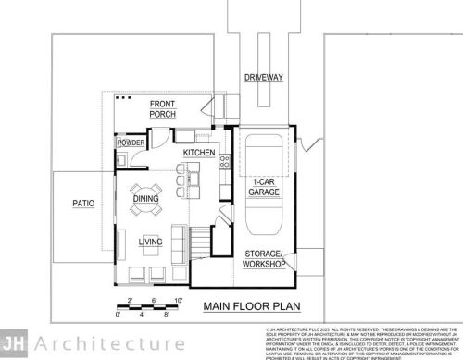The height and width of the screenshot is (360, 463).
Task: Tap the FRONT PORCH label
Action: [163, 108]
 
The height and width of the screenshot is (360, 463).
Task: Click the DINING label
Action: [145, 198]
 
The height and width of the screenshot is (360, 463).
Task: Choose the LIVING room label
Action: [150, 242]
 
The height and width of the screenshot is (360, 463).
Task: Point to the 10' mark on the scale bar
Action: [178, 299]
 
